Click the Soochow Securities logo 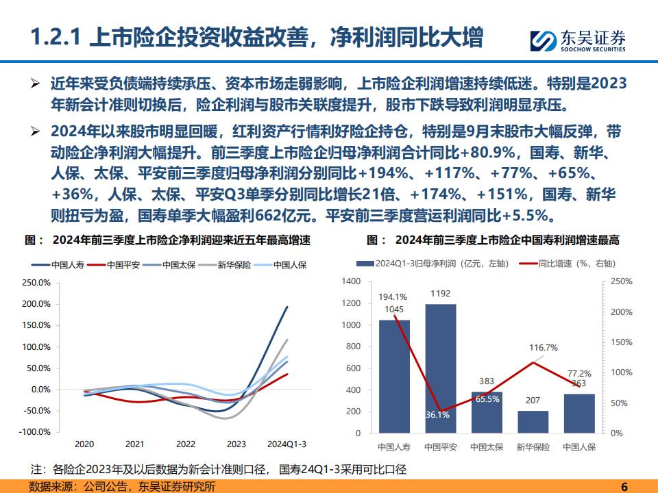point(578,40)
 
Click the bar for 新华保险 point(533,421)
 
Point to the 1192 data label point(441,294)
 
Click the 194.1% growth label point(393,297)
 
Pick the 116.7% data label point(543,348)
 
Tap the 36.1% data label point(437,414)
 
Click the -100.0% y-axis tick point(36,432)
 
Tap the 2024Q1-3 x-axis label point(287,443)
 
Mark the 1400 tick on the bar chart point(350,282)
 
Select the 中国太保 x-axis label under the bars point(487,447)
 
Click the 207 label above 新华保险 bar point(533,399)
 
